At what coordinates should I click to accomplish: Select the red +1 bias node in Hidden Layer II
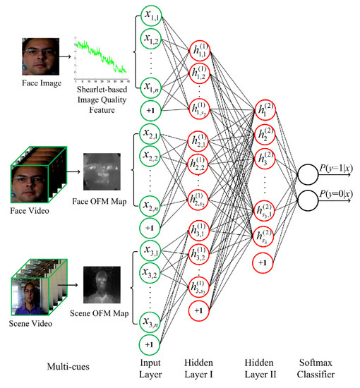tap(265, 262)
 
